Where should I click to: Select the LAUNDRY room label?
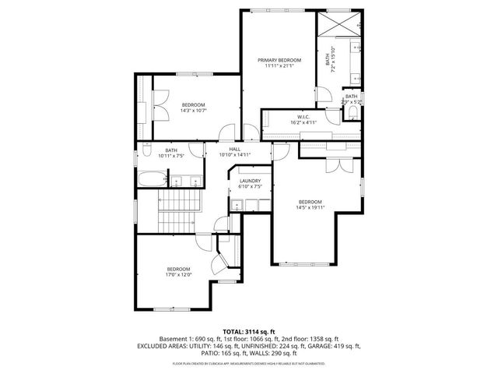click(x=250, y=182)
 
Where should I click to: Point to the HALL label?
click(x=234, y=149)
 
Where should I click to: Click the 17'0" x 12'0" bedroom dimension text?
click(x=177, y=274)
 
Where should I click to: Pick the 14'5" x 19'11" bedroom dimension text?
click(x=310, y=207)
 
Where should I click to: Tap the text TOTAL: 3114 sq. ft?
click(x=248, y=331)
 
